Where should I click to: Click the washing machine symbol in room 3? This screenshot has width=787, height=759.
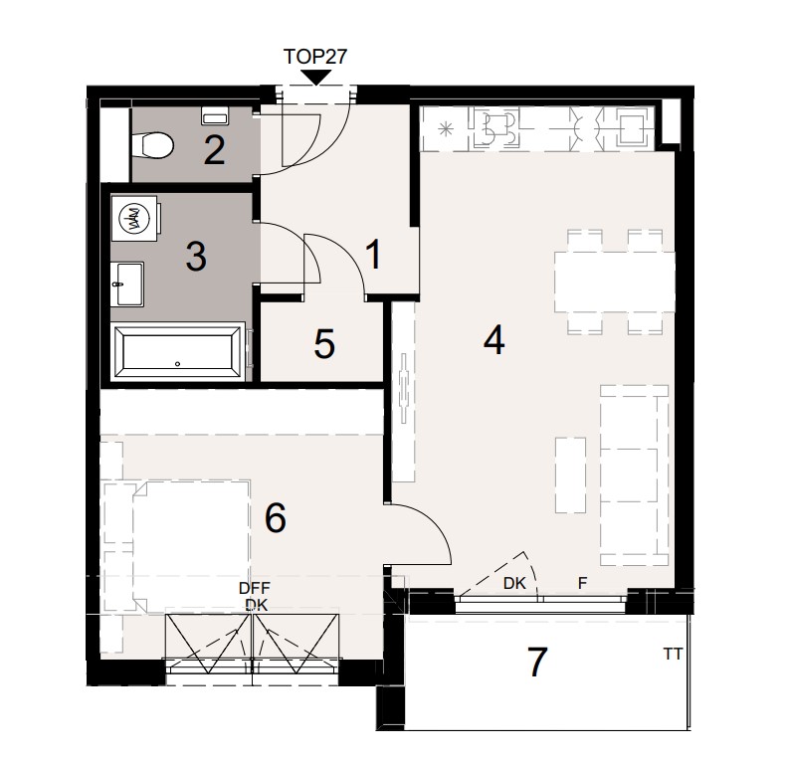134,219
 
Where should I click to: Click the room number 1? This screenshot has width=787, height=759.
374,256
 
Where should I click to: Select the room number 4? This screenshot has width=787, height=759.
493,341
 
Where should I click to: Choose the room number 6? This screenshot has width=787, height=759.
276,517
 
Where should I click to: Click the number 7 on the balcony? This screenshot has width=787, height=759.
537,662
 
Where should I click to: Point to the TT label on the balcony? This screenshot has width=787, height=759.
673,655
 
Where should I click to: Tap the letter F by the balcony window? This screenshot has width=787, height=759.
583,585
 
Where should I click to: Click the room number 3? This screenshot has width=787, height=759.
196,257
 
